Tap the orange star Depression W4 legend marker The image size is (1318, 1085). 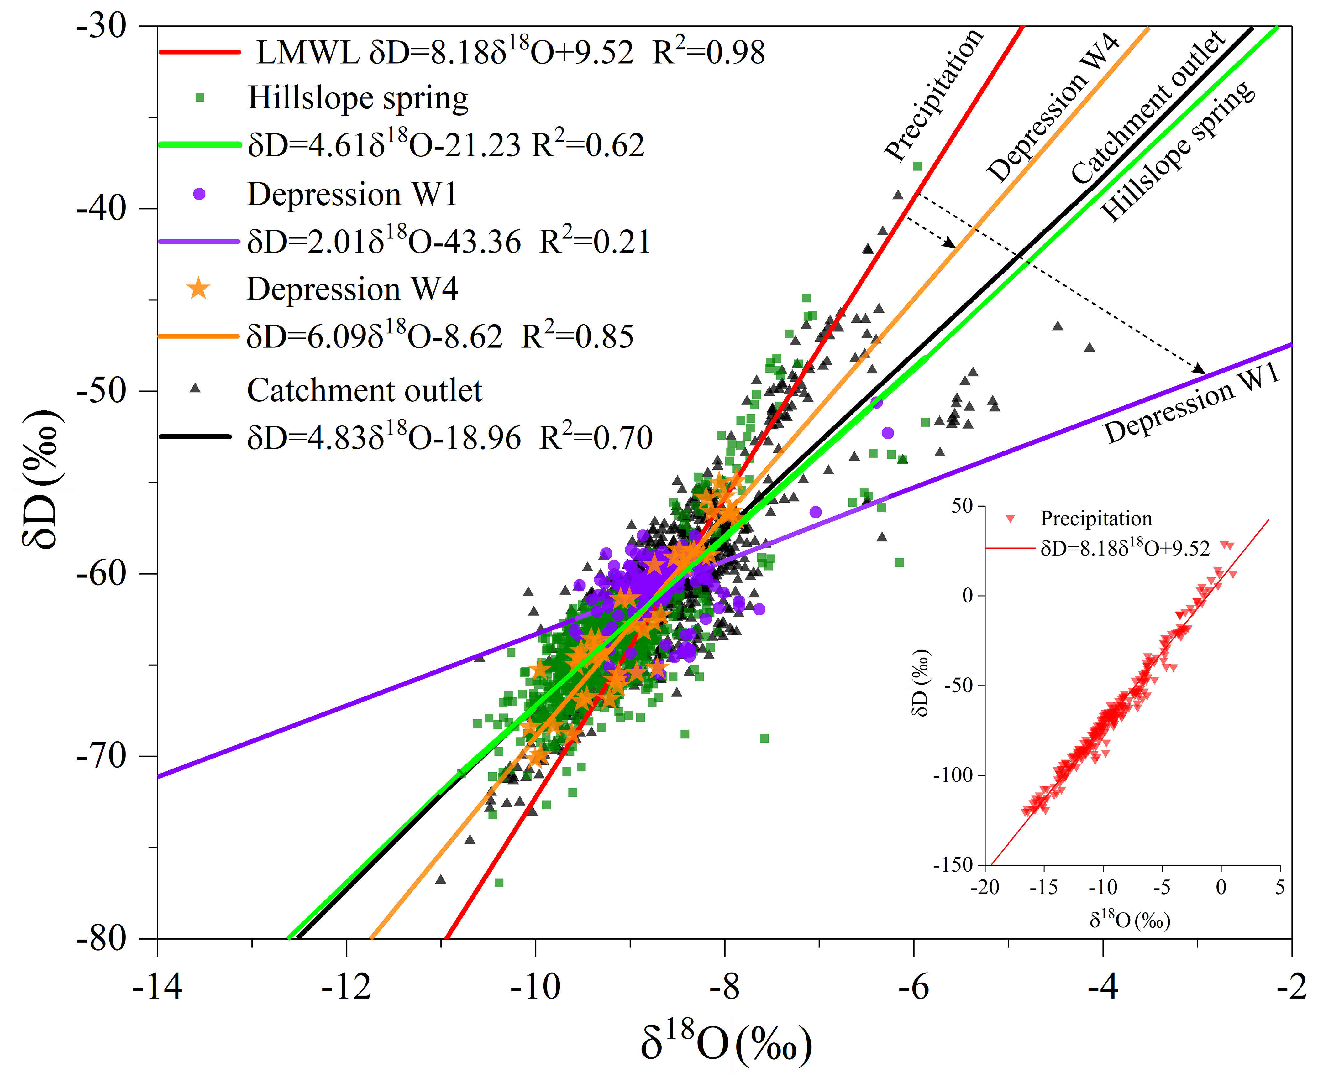point(199,289)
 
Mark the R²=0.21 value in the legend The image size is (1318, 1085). point(595,242)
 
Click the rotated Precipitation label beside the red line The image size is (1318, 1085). point(933,95)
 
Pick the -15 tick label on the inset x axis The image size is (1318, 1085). point(1043,888)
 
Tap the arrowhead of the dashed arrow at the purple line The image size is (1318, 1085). point(1199,370)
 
